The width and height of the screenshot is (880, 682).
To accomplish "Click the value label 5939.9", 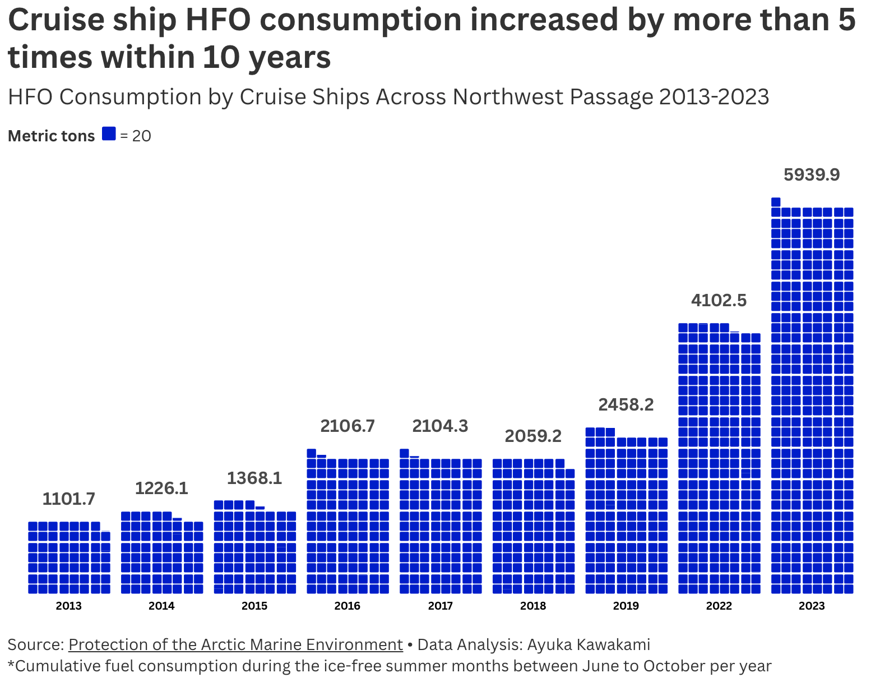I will (811, 175).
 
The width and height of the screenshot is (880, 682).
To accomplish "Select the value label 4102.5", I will (719, 301).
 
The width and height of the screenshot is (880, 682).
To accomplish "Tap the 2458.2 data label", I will (626, 405).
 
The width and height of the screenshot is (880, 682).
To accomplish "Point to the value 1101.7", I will (69, 499).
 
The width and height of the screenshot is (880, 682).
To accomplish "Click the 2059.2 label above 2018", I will (532, 436).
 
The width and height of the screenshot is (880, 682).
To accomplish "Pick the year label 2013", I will (69, 606).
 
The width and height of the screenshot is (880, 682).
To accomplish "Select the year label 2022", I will (719, 606).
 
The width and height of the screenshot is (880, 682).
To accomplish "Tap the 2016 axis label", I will (347, 606).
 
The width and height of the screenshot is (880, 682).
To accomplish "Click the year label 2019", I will (626, 606).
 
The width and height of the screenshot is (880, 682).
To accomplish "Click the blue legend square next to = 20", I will (109, 133).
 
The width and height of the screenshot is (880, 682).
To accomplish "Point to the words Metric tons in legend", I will (51, 136).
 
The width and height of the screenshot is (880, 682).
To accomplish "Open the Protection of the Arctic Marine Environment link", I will (235, 644).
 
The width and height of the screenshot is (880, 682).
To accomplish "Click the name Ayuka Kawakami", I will (589, 644).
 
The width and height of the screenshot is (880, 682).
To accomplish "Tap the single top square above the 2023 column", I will (776, 202).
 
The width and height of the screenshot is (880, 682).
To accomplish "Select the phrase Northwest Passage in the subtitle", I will (553, 97).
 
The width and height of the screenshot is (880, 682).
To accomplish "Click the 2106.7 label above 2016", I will (347, 426).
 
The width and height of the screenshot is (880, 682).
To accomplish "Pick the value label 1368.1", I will (254, 478).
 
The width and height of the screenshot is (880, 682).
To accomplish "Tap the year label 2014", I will (161, 606).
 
